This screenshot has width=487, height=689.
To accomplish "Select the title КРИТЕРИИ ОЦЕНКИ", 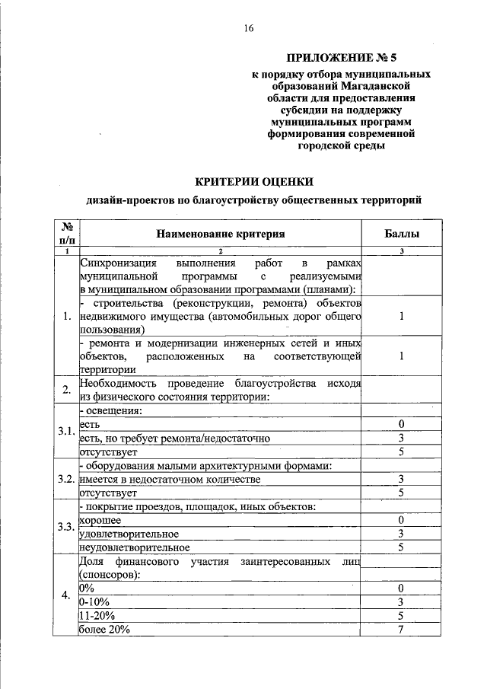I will pos(253,181).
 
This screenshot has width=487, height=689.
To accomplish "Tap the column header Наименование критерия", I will pos(221,234).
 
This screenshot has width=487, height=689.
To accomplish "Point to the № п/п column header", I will pos(66,234).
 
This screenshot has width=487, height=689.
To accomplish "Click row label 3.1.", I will pos(66,432).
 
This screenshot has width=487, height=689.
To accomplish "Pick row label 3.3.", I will pos(66,527).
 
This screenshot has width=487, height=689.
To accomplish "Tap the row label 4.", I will pos(66,595).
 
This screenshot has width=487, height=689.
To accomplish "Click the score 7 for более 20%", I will pos(400,630).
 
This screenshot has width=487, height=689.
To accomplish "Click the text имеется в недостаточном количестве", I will pos(170,479).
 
